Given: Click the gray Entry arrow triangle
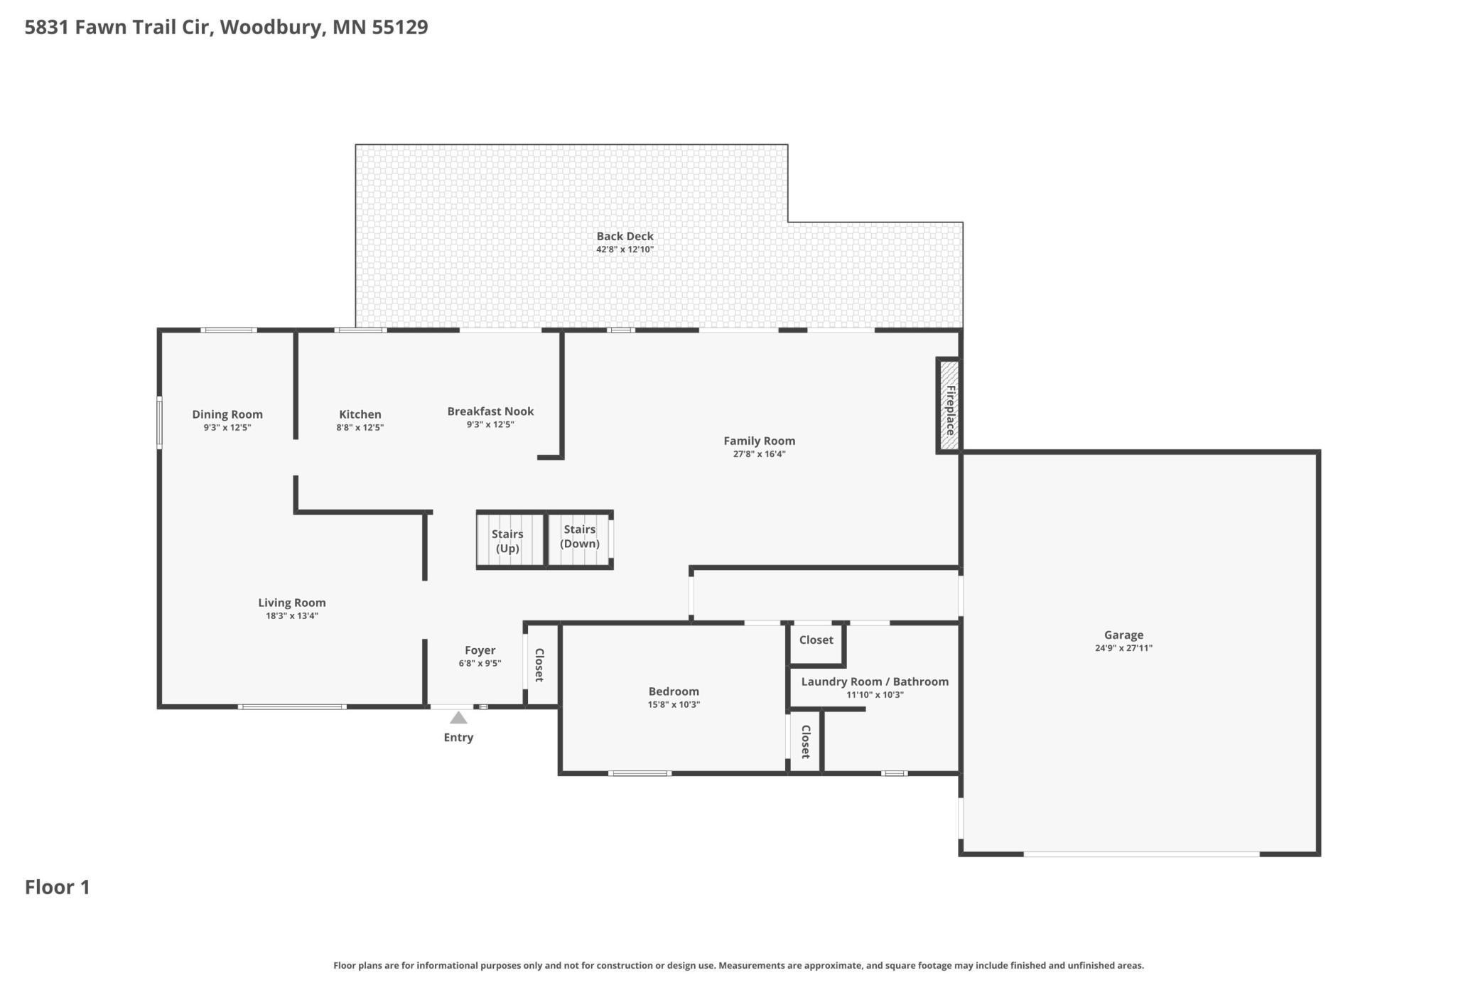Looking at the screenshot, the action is (x=458, y=718).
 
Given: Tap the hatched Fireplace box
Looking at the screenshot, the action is (x=949, y=405).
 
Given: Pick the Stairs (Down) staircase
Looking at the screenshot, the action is (x=579, y=540).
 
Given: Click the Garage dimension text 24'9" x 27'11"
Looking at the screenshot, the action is (x=1123, y=648).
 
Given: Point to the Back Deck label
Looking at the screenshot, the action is (x=625, y=236).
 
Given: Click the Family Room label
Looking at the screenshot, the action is (x=759, y=441).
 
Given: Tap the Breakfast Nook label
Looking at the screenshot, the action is (x=490, y=411).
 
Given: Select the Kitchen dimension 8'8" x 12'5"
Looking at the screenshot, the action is (x=360, y=428).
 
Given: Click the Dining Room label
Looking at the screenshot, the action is (x=227, y=414).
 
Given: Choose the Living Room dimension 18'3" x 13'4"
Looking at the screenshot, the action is (x=292, y=616).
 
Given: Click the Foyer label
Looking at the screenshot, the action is (x=480, y=650).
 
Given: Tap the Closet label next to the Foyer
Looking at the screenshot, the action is (x=539, y=665).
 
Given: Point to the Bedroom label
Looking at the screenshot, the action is (x=674, y=691).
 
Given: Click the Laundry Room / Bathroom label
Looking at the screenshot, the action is (x=875, y=682).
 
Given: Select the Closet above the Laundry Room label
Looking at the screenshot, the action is (x=816, y=640).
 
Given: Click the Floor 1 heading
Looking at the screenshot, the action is (x=58, y=887).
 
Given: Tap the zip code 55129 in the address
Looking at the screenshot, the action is (x=400, y=27).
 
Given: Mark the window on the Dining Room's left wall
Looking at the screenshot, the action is (x=159, y=423).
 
